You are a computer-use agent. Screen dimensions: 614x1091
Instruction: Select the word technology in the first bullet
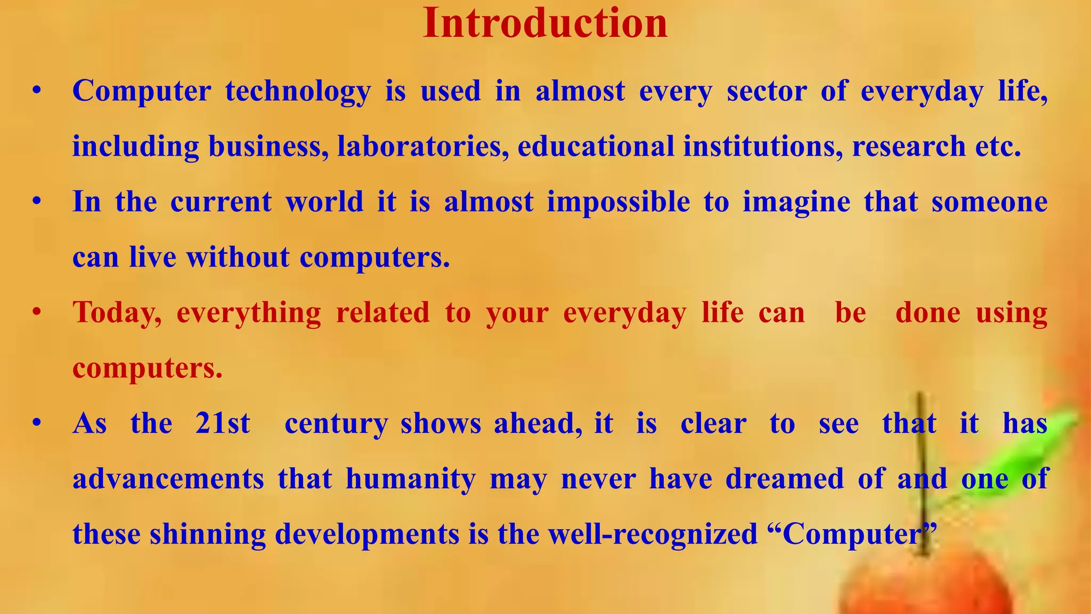click(x=298, y=91)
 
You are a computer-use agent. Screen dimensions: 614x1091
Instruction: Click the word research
click(x=908, y=147)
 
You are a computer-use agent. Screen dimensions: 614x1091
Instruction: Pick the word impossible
click(x=618, y=202)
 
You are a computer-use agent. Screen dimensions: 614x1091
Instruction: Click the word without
click(x=238, y=257)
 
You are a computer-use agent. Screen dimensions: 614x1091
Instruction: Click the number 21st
click(x=222, y=424)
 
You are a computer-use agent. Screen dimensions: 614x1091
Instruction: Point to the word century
click(x=336, y=425)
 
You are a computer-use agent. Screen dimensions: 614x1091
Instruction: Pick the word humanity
click(x=411, y=479)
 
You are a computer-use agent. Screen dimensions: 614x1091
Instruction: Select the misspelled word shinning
click(x=208, y=535)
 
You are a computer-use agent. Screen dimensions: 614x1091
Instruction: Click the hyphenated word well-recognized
click(x=653, y=535)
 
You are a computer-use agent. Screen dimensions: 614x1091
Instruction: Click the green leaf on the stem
click(x=1012, y=458)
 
